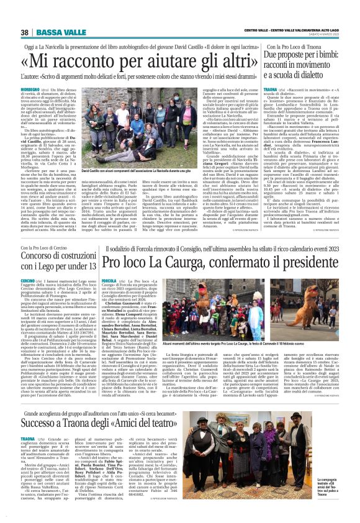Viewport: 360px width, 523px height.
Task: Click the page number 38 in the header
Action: coord(24,32)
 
